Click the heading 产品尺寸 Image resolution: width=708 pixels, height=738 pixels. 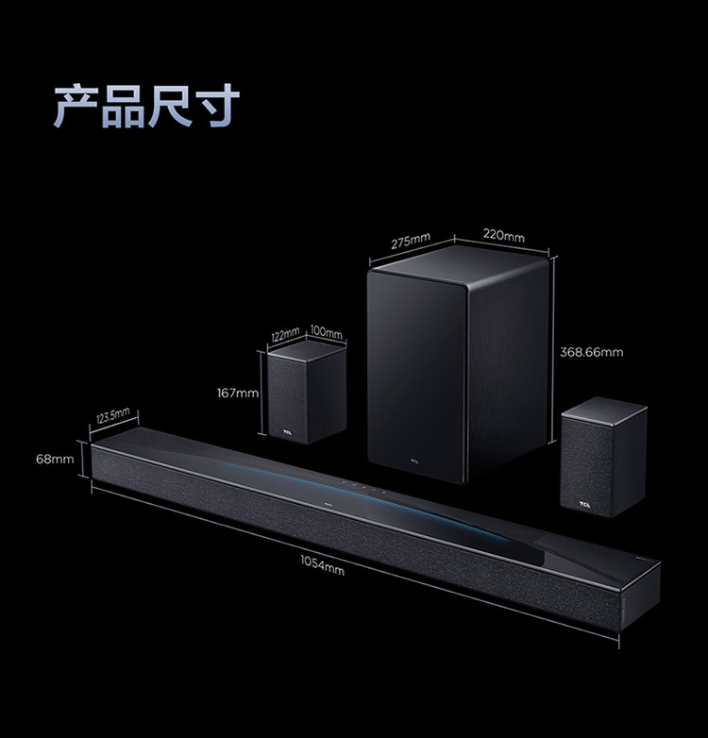click(147, 106)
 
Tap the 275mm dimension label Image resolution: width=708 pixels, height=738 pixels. click(412, 243)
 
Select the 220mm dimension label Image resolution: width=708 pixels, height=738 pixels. click(503, 236)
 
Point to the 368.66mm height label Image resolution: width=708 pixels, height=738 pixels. click(591, 352)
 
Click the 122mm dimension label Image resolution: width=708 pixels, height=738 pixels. click(284, 334)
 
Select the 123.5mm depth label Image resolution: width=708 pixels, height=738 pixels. click(113, 416)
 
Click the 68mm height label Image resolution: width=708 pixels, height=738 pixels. click(55, 459)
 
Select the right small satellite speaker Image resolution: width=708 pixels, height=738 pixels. click(603, 458)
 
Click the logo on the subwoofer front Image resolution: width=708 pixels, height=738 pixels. click(413, 461)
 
